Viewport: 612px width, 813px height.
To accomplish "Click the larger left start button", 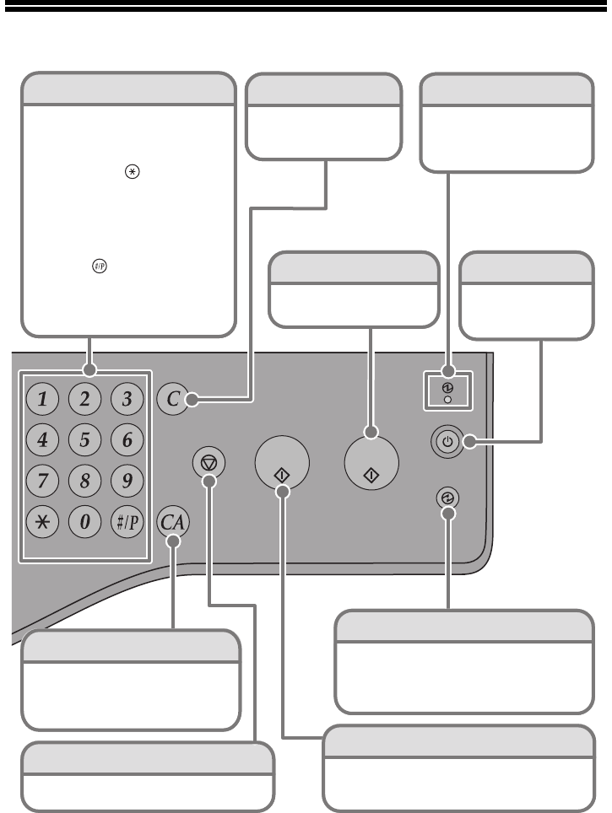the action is click(282, 463).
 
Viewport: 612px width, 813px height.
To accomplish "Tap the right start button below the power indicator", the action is click(372, 465).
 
